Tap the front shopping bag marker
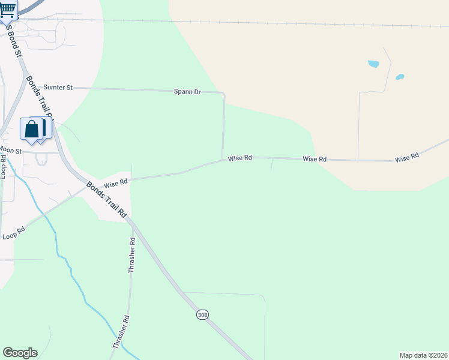point(31,129)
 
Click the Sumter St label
point(59,88)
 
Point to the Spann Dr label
point(187,92)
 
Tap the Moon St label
point(10,150)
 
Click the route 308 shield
point(202,314)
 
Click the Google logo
point(20,353)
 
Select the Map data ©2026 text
point(423,355)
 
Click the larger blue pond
point(373,64)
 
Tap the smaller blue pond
point(400,77)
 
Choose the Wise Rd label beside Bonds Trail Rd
point(115,182)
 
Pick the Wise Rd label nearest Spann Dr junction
point(240,158)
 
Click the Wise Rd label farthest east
point(406,158)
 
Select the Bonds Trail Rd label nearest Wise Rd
point(107,200)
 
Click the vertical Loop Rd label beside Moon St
point(4,167)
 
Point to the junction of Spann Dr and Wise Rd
point(223,160)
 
